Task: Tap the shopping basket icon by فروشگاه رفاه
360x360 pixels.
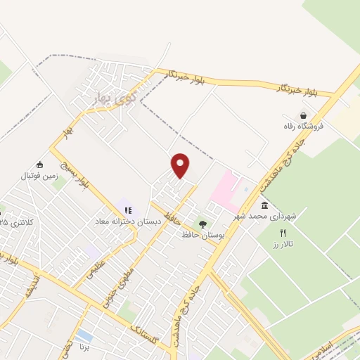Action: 302,116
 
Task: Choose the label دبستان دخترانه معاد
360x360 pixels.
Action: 129,221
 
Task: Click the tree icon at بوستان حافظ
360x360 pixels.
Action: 202,224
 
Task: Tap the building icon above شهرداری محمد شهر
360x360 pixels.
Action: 264,205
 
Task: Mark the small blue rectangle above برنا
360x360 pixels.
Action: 84,335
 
